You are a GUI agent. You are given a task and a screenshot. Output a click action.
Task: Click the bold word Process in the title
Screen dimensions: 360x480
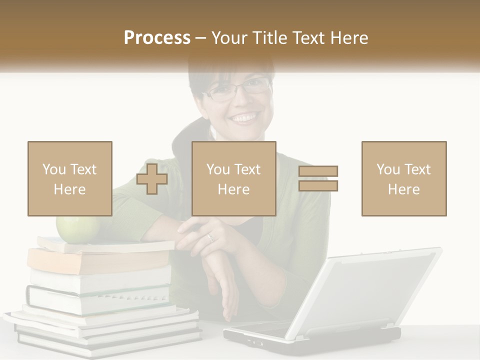pos(157,38)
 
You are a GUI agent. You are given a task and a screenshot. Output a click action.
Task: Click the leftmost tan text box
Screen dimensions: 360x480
pos(70,178)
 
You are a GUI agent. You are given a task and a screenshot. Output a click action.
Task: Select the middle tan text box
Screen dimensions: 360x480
pos(234,178)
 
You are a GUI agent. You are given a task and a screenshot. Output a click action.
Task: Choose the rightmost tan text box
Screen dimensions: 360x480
pos(404,178)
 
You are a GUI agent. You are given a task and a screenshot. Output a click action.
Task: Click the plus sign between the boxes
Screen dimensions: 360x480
pos(152,178)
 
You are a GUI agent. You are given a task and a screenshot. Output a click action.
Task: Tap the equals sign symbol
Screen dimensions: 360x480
pos(318,178)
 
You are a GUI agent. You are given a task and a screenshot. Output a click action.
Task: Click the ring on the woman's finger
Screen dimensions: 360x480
pos(210,237)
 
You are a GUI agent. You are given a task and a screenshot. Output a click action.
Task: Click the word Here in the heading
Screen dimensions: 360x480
pos(349,38)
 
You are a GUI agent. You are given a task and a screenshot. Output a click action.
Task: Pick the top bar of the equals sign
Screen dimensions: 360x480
pos(318,171)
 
